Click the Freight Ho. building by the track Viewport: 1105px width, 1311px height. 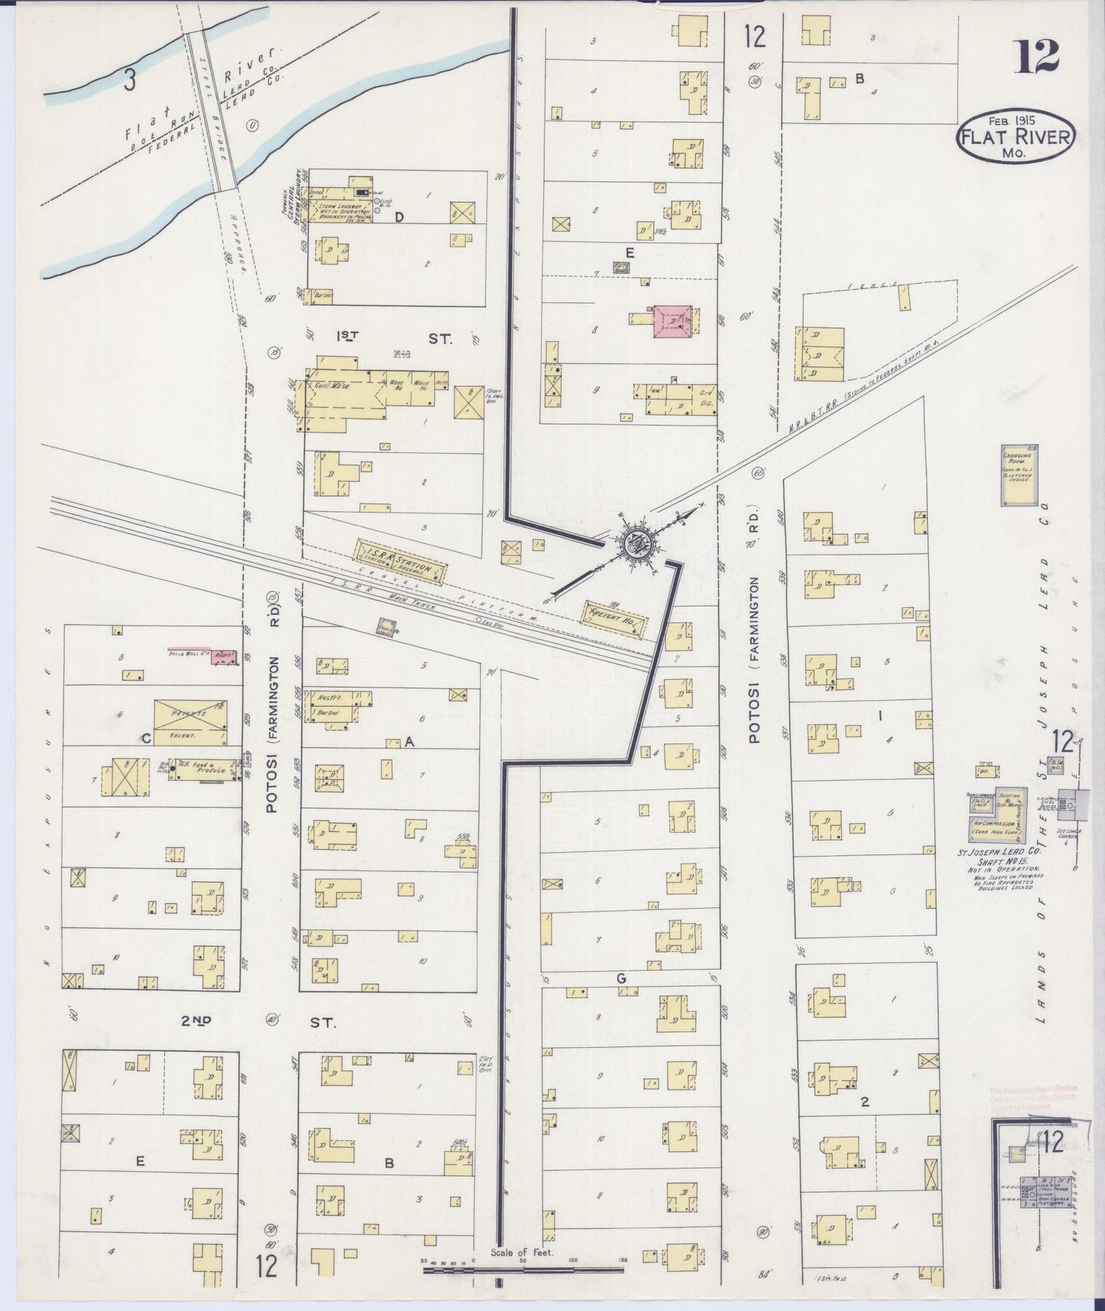coord(616,615)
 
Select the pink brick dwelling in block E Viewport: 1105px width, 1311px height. coord(674,321)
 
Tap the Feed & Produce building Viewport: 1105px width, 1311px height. coord(204,770)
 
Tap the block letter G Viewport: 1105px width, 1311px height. coord(621,978)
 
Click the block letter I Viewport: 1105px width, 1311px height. coord(881,716)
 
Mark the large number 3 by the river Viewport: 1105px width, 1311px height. coord(131,80)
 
